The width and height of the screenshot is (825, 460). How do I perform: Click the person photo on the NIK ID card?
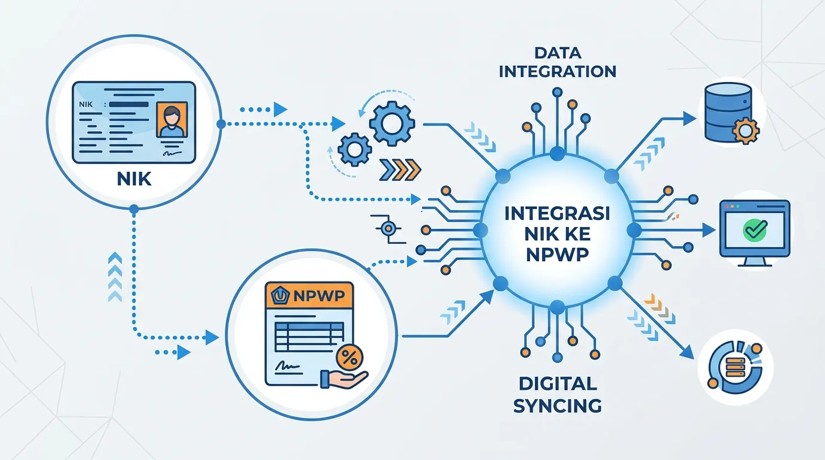pos(172,120)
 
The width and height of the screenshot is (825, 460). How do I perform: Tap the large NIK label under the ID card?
pos(134,179)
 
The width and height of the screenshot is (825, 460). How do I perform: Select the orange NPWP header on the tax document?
pos(309,295)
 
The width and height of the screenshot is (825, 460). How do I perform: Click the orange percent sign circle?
pos(350,357)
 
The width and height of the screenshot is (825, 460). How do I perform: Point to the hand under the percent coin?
pos(344,379)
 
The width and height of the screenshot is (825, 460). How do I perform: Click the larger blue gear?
pos(392,124)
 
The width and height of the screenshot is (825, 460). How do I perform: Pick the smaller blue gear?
pos(355,149)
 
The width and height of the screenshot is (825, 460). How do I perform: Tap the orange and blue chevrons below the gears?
pos(400,170)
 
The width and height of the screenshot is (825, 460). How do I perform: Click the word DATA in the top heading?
pos(558,53)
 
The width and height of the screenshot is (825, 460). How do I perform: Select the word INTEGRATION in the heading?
pos(558,71)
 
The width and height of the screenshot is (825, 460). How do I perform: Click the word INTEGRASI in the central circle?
pos(557,214)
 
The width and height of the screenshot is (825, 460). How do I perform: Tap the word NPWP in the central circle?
pos(557,255)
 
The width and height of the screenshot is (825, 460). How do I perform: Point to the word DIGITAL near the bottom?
pos(558,384)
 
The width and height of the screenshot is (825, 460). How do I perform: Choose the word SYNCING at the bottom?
pos(558,406)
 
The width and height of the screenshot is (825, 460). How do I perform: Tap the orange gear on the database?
pos(745,130)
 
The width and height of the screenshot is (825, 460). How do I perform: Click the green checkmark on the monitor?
pos(755,229)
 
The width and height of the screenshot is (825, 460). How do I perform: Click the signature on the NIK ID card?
pos(172,152)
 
